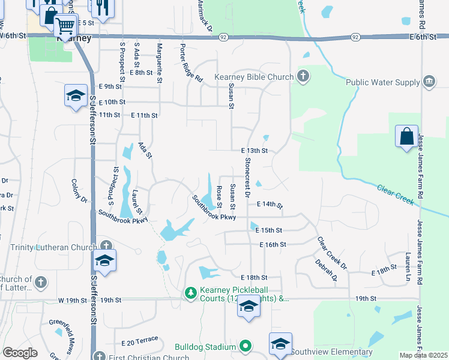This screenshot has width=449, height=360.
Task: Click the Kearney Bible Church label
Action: (x=260, y=77)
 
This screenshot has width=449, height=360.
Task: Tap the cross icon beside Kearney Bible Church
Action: (x=304, y=76)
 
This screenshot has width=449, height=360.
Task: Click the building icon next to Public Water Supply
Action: (x=429, y=81)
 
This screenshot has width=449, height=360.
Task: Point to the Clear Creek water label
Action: (x=396, y=195)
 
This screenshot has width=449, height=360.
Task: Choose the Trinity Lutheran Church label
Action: (x=53, y=247)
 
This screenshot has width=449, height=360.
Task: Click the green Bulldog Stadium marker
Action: (x=245, y=346)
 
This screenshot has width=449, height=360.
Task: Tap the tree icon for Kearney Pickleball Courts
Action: (x=191, y=293)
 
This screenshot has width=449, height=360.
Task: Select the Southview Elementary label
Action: (x=333, y=352)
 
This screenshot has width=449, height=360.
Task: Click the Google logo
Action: (x=20, y=353)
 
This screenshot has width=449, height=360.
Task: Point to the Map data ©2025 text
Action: (x=424, y=355)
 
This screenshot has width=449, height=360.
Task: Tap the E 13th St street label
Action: (x=254, y=151)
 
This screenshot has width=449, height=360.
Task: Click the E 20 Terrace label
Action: (x=139, y=342)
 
